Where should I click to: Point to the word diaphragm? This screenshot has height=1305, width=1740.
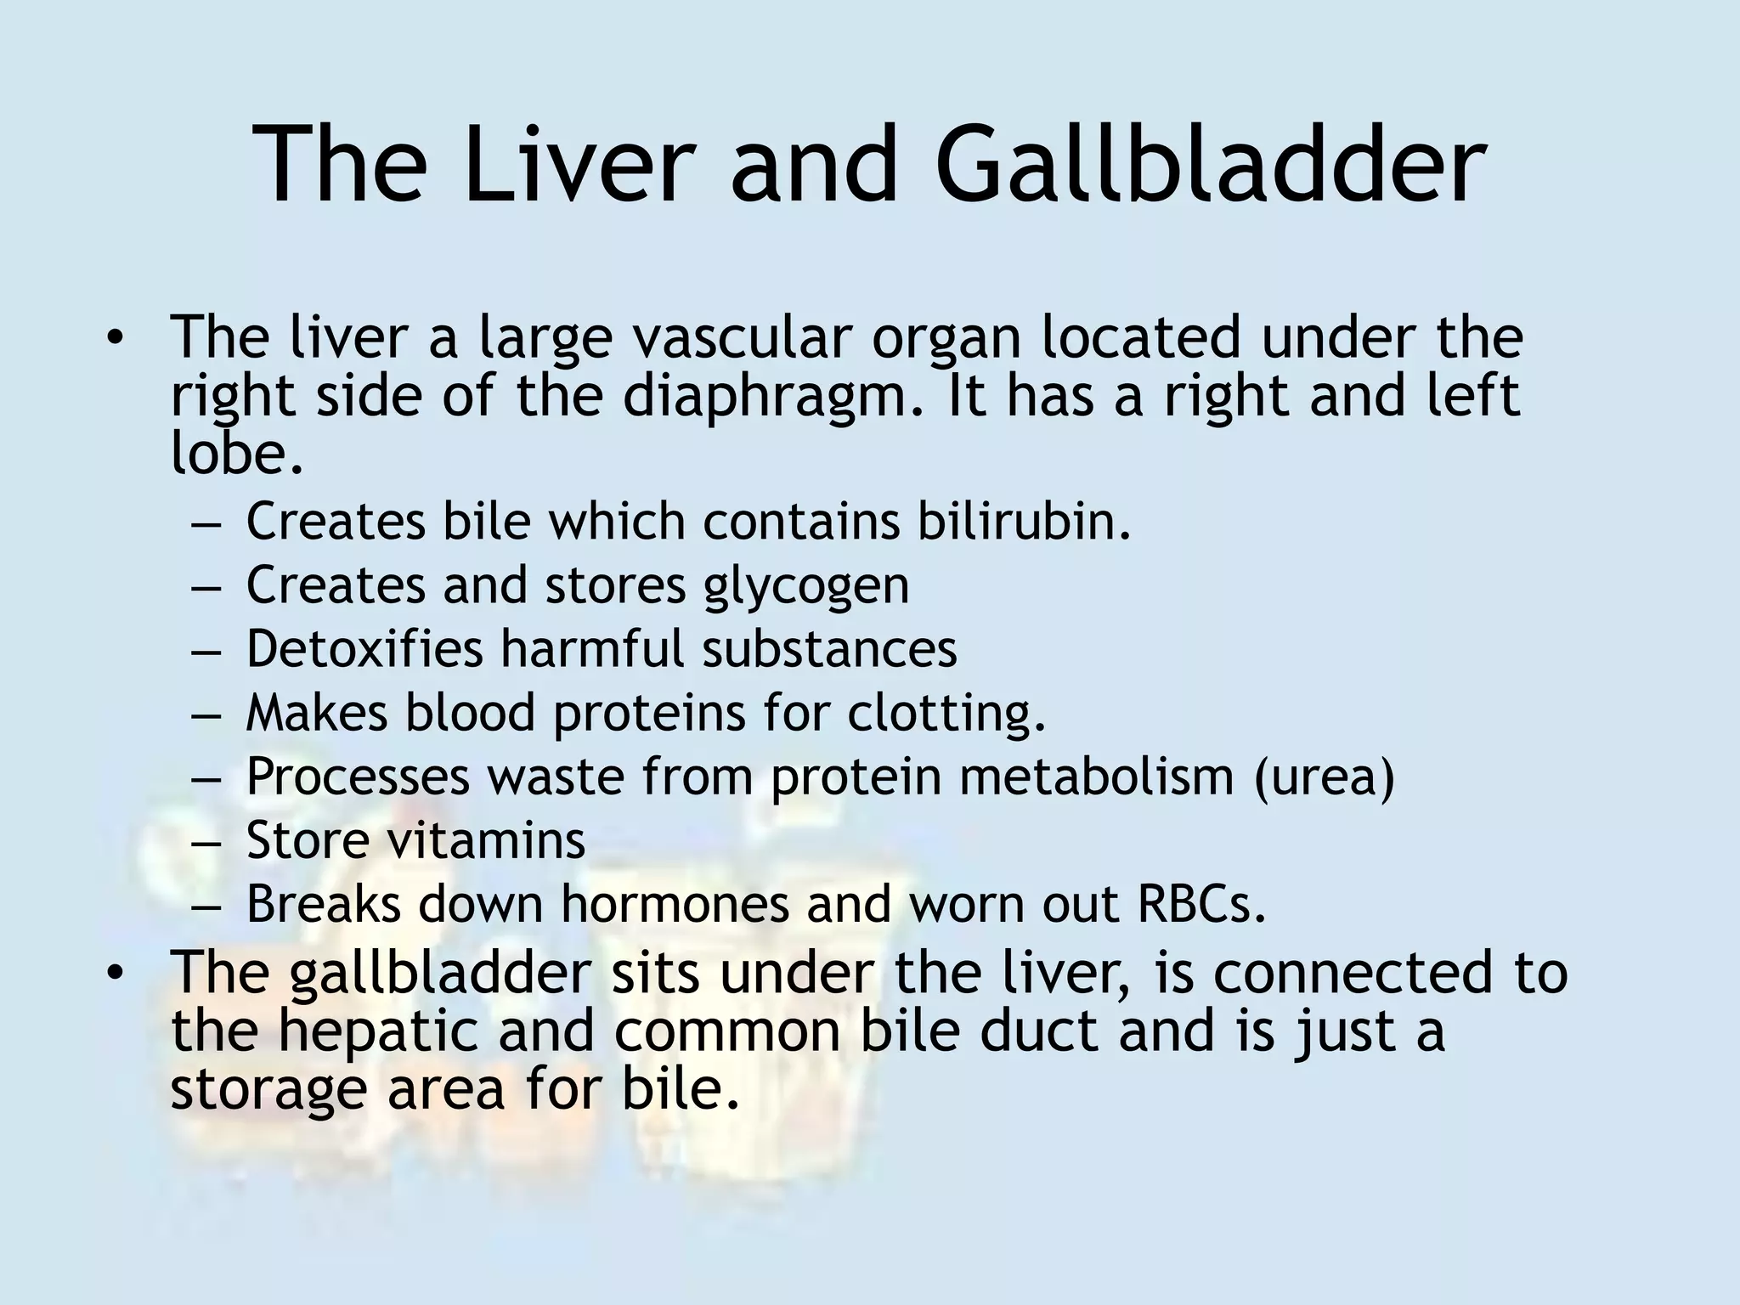tap(772, 398)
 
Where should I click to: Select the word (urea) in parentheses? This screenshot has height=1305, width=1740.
tap(1325, 777)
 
